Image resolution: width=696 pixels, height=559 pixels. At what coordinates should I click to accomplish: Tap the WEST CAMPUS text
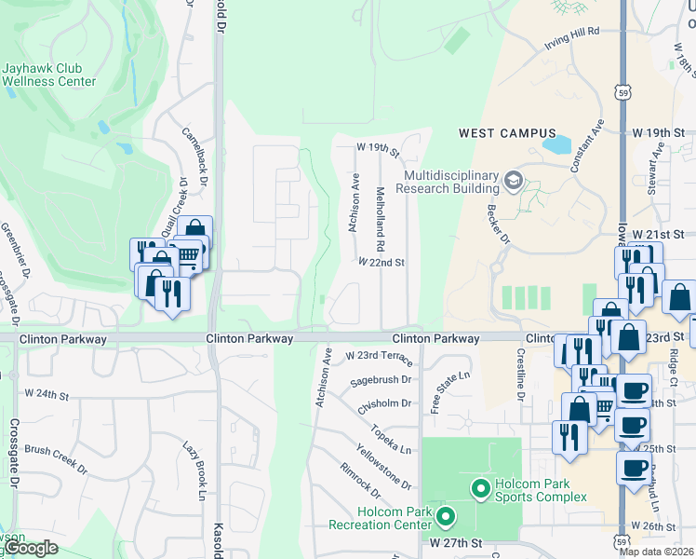click(x=507, y=134)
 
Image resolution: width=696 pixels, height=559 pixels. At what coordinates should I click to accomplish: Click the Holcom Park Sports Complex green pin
click(x=480, y=487)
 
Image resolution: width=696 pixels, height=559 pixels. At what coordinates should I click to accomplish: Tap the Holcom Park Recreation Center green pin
click(x=445, y=515)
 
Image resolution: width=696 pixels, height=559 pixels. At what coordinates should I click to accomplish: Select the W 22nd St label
click(x=381, y=263)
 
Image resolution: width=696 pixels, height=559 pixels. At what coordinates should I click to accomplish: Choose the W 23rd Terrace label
click(x=379, y=356)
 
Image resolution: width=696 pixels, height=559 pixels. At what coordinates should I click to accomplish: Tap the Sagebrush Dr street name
click(x=381, y=380)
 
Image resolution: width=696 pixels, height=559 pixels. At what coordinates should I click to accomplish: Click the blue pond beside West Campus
click(x=556, y=144)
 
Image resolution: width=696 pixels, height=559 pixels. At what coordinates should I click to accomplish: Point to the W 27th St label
click(x=455, y=541)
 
